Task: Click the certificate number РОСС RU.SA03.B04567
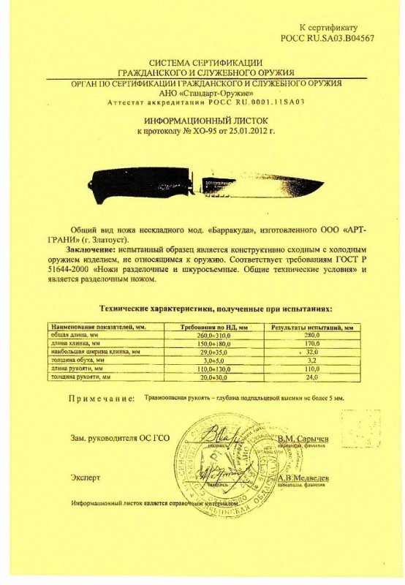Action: (x=327, y=37)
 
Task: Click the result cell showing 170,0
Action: (x=311, y=342)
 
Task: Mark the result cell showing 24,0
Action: (x=311, y=377)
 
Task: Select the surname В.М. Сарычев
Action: (x=303, y=437)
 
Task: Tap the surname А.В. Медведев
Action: (x=303, y=477)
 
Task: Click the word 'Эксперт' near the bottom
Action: (x=86, y=478)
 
